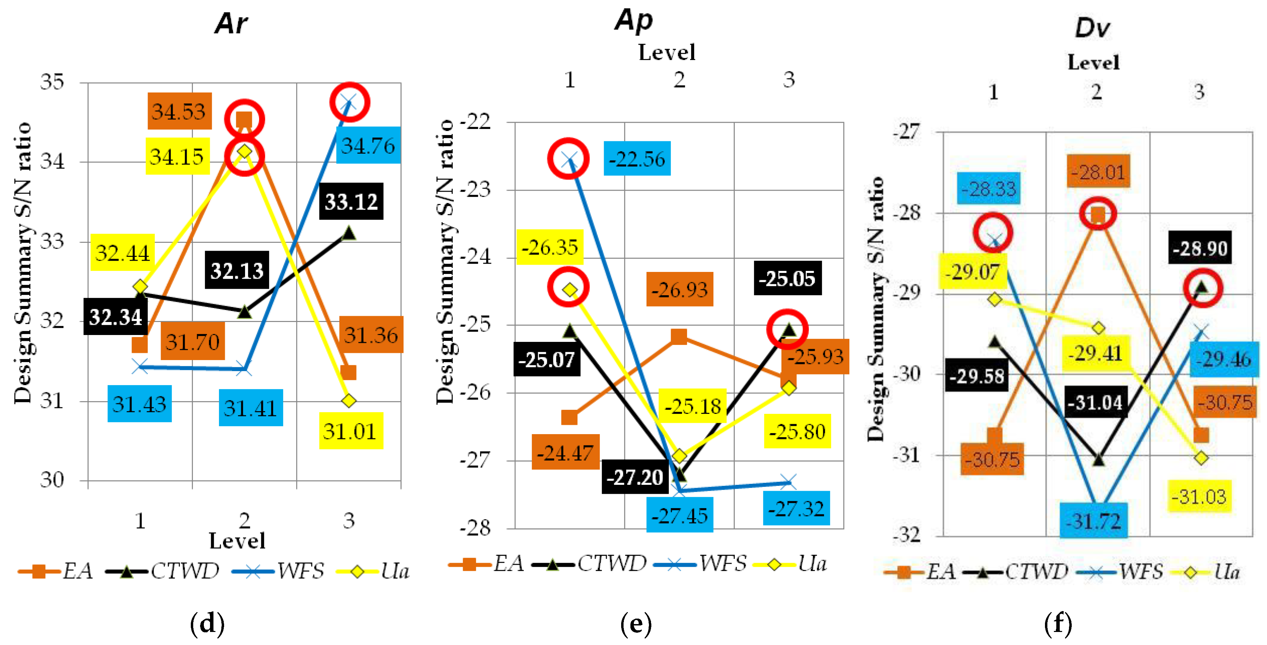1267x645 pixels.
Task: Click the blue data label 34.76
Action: click(368, 145)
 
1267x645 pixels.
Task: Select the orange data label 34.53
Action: click(179, 111)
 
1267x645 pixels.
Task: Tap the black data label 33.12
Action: click(351, 202)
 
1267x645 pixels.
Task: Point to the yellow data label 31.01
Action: click(350, 431)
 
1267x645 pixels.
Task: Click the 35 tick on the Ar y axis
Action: click(52, 82)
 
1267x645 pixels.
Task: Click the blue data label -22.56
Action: click(637, 159)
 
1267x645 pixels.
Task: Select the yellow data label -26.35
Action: click(549, 247)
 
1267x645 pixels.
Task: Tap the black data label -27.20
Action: click(635, 477)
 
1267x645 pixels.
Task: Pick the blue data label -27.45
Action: click(679, 515)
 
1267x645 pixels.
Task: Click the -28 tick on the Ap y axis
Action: click(475, 528)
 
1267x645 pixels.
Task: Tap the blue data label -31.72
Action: click(1093, 520)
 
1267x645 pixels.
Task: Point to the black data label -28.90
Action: click(1200, 248)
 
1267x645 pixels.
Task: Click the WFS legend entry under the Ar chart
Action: click(300, 571)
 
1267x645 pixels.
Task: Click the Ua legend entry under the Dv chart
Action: click(1226, 572)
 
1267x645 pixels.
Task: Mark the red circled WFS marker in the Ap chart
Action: click(569, 158)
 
